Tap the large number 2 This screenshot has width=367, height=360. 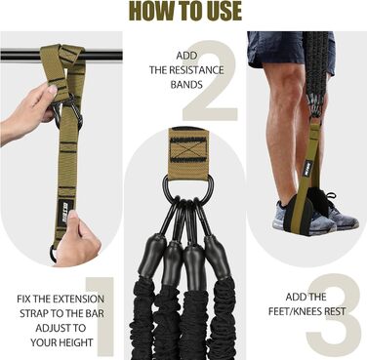[211, 80]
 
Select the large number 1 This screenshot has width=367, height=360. [101, 316]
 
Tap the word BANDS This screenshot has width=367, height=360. [186, 85]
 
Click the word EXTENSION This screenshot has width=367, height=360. [78, 299]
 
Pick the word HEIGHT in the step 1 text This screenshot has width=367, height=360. [76, 342]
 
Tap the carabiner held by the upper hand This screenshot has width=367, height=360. [68, 112]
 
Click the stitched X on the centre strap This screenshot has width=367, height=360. [188, 150]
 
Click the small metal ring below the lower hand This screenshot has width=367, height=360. [54, 253]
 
